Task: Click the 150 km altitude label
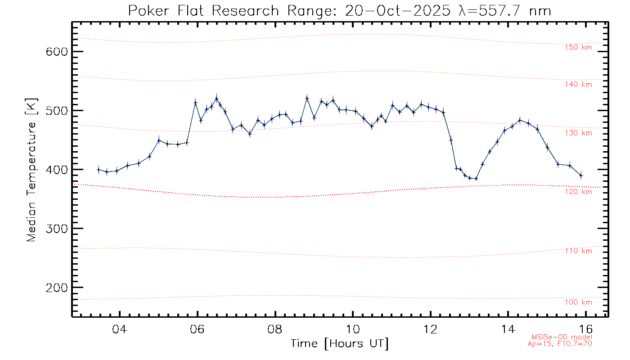579,47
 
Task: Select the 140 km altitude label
579,84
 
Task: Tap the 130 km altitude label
579,133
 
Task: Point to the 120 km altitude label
579,192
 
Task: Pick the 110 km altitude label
579,251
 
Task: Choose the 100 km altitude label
579,302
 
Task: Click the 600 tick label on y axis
56,51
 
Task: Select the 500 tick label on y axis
56,111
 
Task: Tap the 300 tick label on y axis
56,229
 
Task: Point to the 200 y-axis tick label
56,288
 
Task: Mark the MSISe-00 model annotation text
562,337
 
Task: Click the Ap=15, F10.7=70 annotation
560,344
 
